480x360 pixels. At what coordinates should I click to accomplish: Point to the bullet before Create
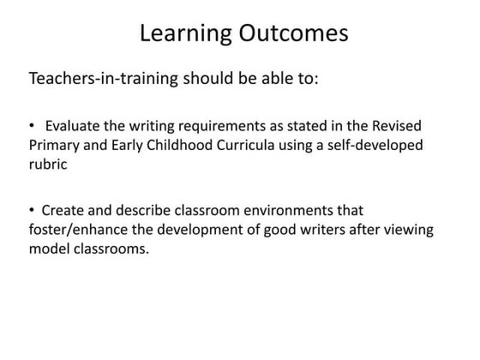[32, 210]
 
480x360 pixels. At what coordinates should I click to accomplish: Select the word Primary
[56, 145]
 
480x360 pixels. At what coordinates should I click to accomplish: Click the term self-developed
[376, 145]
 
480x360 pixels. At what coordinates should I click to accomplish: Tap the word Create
[63, 210]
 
